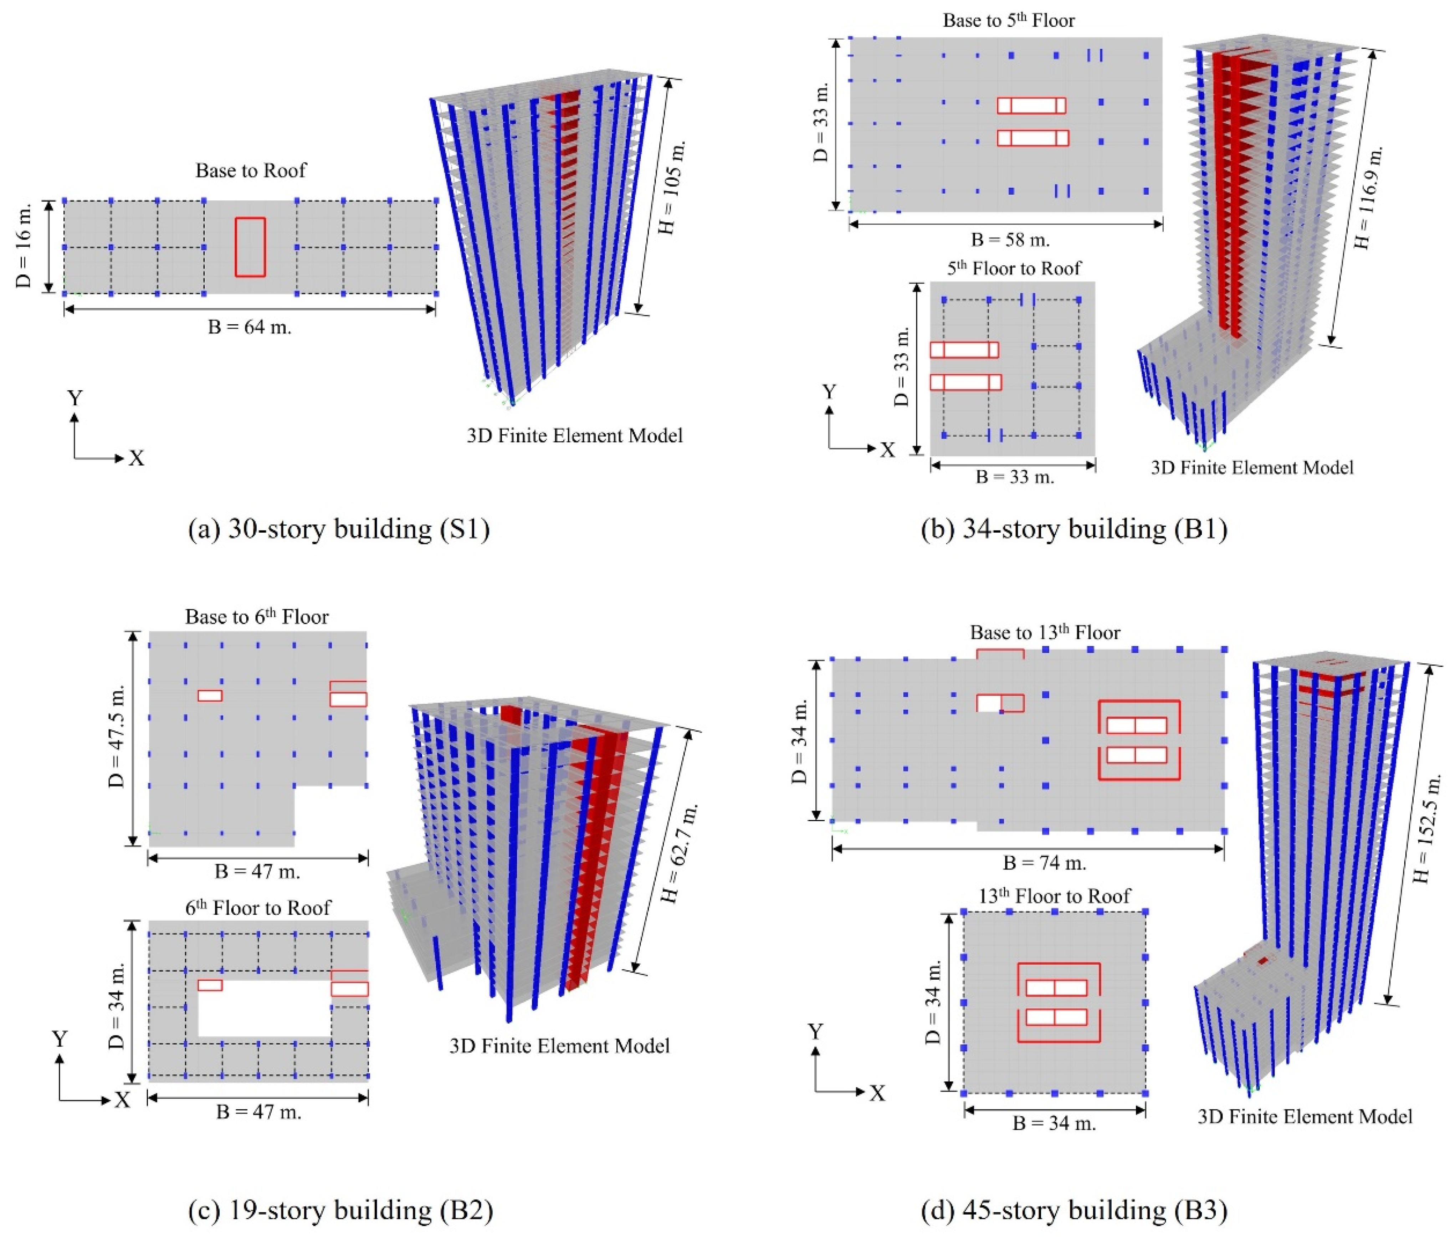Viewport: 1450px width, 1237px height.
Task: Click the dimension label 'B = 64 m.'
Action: [x=250, y=327]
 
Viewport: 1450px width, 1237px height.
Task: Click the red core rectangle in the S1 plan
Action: [x=250, y=247]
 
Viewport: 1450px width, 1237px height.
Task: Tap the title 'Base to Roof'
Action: [x=251, y=171]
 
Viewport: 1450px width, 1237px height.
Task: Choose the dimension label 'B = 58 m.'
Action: [x=1010, y=240]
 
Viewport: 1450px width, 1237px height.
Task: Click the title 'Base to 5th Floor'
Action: [x=1008, y=20]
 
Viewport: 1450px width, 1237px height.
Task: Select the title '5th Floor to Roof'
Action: [x=1013, y=268]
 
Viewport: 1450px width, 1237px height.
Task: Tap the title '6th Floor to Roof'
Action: [x=257, y=908]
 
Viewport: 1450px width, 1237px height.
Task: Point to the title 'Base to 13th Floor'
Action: [x=1045, y=632]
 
